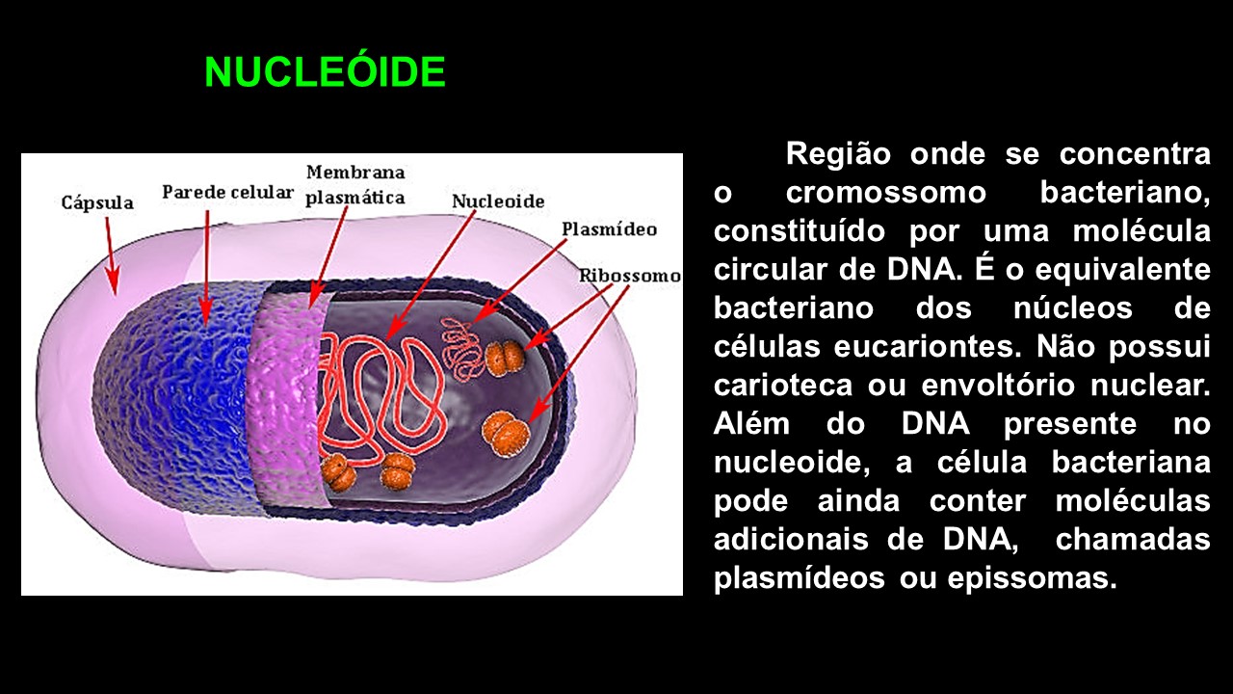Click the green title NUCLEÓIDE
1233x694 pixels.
[x=325, y=72]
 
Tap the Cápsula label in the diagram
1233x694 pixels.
[x=97, y=203]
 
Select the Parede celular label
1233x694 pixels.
[x=227, y=192]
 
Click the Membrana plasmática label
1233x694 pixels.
[x=355, y=184]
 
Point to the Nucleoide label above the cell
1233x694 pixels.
[x=498, y=201]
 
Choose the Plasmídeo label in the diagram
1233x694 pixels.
[x=609, y=229]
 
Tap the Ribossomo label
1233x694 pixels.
[x=629, y=276]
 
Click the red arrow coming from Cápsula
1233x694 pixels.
[x=110, y=253]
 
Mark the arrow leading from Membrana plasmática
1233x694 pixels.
[x=328, y=256]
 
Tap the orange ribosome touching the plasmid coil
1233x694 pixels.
[x=505, y=358]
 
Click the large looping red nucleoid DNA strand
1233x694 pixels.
[x=380, y=395]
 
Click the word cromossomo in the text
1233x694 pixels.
[x=885, y=193]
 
